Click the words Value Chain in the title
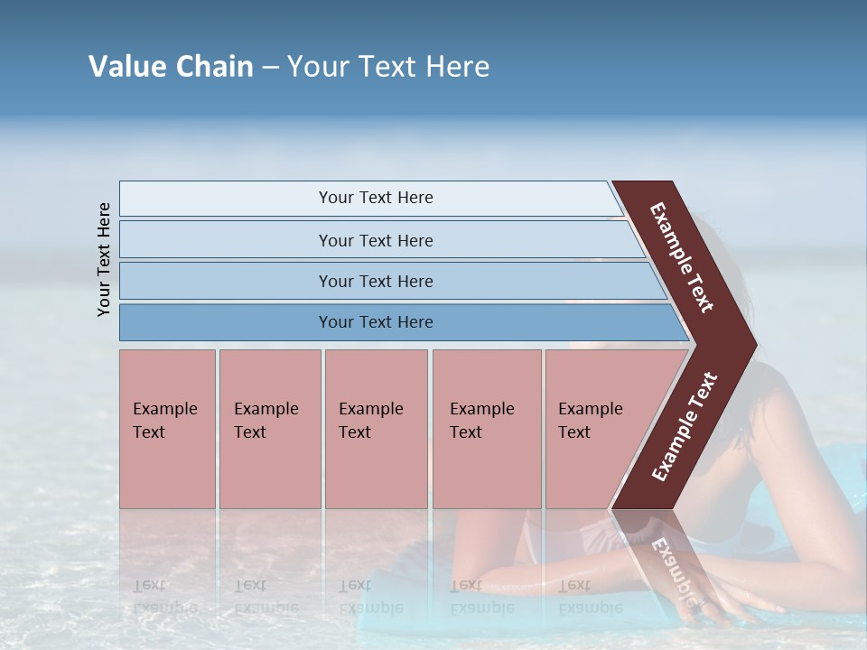[171, 67]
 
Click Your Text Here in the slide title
[388, 67]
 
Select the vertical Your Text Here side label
[104, 259]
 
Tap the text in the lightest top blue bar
[376, 198]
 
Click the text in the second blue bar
[376, 241]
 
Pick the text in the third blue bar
[376, 282]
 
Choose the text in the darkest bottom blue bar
[376, 322]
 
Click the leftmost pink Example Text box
[167, 429]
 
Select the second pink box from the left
[269, 429]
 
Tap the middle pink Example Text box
[376, 429]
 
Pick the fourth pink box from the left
[487, 429]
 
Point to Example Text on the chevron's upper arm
[682, 257]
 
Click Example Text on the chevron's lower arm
[685, 426]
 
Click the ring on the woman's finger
[700, 604]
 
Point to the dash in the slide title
[270, 68]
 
